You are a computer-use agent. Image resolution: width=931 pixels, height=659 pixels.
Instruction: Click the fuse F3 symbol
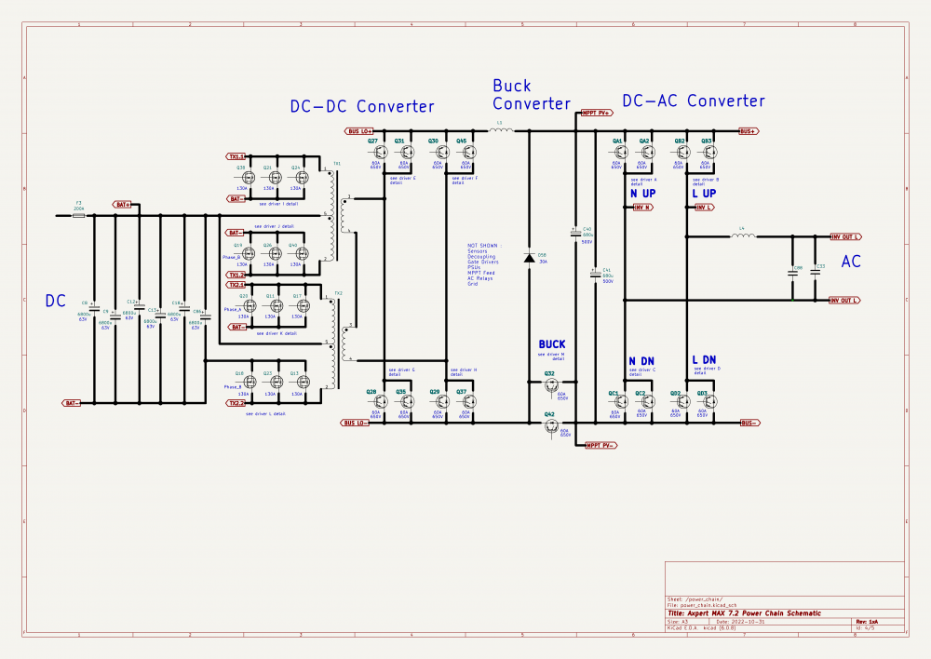[79, 215]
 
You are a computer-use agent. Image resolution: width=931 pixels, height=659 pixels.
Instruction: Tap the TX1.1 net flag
[236, 156]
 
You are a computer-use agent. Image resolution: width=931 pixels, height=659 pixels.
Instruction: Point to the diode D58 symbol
[529, 257]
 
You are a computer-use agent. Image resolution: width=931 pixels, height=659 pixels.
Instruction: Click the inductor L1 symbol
[501, 131]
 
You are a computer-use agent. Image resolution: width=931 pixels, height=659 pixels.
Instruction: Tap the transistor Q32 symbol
[550, 383]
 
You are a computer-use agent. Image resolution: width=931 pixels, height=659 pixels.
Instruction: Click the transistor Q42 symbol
[550, 424]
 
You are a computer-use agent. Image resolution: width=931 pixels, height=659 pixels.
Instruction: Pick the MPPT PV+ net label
[596, 113]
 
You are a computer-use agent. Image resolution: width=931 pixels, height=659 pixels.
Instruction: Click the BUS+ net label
[749, 131]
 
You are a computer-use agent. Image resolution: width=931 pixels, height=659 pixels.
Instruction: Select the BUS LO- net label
[356, 423]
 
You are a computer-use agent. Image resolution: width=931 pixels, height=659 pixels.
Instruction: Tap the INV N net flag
[642, 208]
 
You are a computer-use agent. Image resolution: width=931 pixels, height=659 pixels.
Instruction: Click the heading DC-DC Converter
[362, 106]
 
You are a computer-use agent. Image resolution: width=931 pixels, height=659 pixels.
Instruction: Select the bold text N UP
[642, 193]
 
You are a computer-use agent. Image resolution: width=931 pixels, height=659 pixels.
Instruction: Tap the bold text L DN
[704, 360]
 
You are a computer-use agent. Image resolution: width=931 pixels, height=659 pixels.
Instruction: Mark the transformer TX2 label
[338, 293]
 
